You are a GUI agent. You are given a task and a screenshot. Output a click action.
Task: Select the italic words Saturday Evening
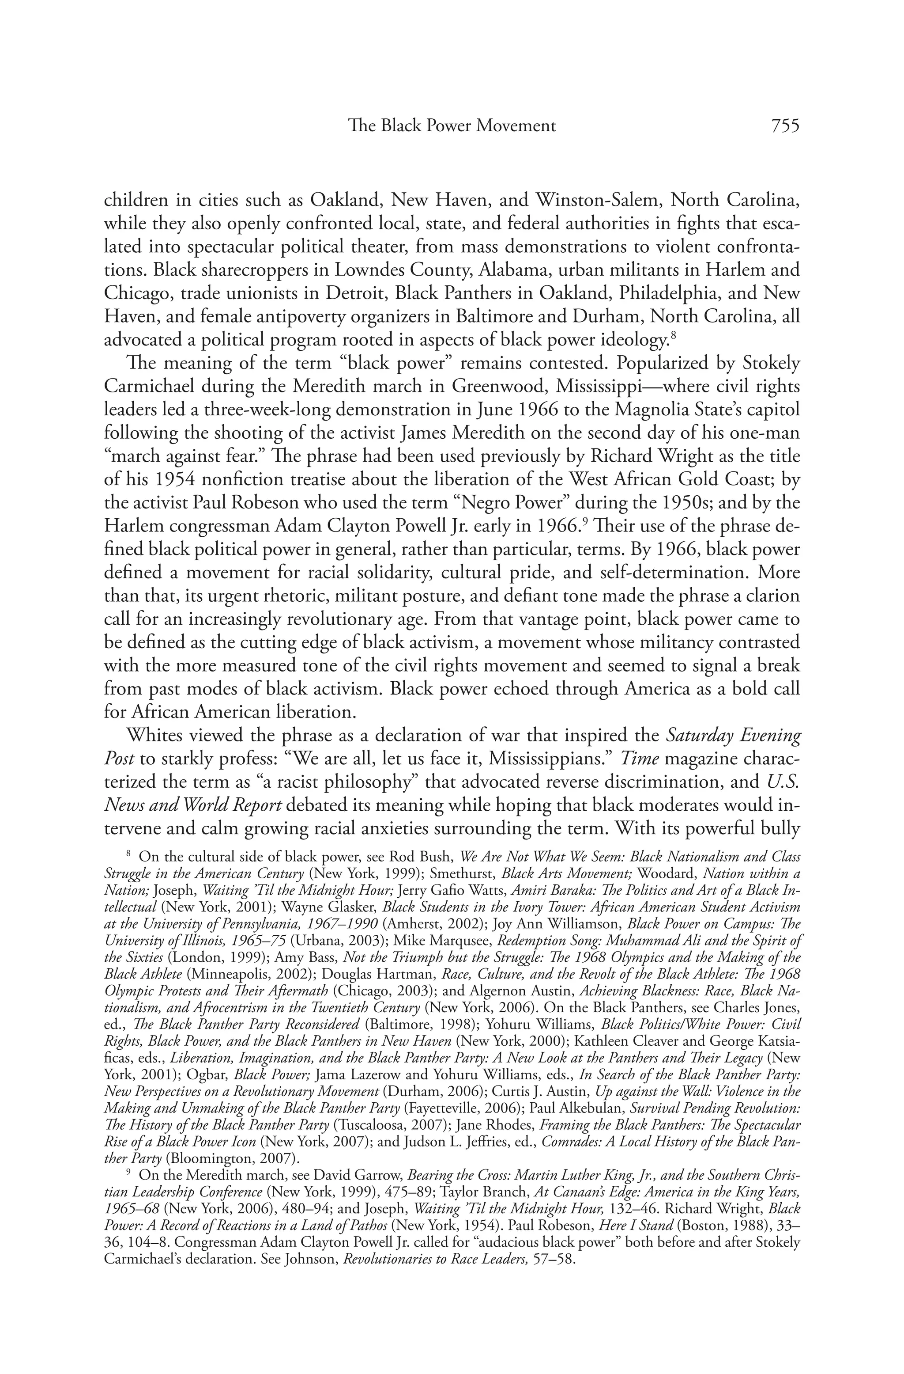point(733,736)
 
